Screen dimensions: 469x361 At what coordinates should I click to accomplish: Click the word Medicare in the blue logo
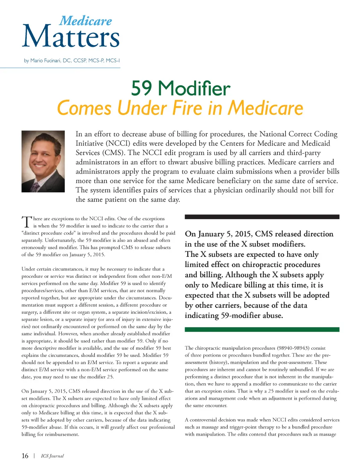coord(86,21)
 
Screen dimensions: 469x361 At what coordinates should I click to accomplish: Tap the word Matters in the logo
coord(71,37)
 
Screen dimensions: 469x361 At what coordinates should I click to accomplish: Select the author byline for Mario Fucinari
coord(72,60)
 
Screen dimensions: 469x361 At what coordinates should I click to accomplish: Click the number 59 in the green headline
coord(142,88)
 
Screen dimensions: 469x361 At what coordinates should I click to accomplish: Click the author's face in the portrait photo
coord(42,156)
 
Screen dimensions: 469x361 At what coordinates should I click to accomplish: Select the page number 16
coord(25,456)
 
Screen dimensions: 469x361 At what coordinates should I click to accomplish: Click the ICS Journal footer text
coord(52,456)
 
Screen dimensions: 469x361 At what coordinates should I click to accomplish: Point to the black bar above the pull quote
coord(262,217)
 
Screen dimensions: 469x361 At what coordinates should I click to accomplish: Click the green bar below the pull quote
coord(262,329)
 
